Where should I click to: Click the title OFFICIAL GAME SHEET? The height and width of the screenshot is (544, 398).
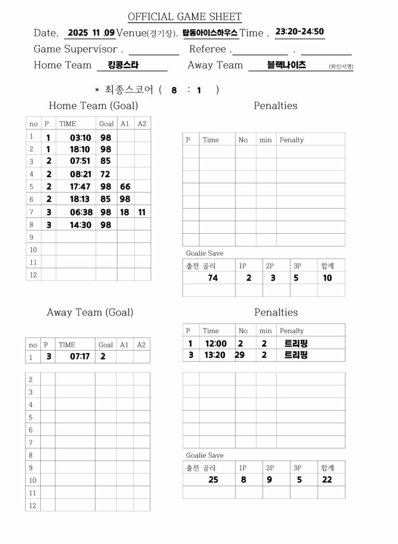point(184,17)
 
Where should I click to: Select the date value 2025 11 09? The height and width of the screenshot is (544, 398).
point(90,33)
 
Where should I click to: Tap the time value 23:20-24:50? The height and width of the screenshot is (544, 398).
point(300,31)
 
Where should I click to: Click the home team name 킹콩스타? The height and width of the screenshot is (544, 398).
point(123,65)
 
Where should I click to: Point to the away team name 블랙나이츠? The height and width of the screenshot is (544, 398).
point(286,65)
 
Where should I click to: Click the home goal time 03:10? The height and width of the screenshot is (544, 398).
point(81,138)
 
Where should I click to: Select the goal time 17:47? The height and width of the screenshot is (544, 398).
point(81,186)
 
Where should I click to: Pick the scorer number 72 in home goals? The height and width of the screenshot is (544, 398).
point(105,174)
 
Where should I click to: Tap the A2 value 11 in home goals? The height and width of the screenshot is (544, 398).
point(141,212)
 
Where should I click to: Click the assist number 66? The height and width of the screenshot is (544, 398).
point(125,186)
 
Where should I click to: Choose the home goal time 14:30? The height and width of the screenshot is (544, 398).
point(81,225)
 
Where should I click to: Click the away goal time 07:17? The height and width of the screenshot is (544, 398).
point(80,356)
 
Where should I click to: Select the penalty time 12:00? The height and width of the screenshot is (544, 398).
point(215,344)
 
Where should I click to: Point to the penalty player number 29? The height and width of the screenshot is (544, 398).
point(240,355)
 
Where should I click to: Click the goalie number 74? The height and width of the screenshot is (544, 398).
point(213,278)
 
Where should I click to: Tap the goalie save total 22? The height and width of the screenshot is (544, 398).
point(327,480)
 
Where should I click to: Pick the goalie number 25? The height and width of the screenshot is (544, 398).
point(213,480)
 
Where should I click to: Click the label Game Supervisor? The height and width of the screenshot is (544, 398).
point(75,49)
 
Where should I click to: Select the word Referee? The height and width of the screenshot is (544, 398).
point(208,49)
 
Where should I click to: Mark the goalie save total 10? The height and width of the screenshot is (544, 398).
point(327,278)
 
